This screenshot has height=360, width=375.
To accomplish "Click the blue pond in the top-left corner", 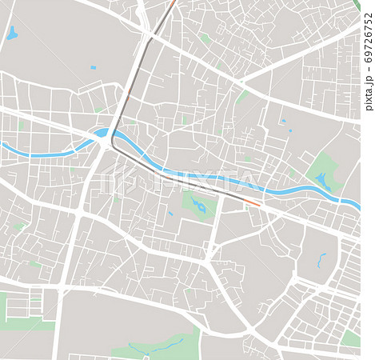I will click(12, 34).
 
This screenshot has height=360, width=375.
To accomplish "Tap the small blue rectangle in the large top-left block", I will click(93, 67).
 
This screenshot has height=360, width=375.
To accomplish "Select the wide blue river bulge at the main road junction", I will click(102, 134).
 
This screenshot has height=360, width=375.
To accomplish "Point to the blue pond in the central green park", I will click(199, 207).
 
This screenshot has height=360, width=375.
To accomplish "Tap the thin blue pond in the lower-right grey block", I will click(321, 261).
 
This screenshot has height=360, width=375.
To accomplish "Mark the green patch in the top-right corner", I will click(357, 5).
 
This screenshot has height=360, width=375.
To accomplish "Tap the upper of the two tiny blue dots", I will click(283, 121).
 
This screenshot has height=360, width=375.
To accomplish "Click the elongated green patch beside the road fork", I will click(241, 97).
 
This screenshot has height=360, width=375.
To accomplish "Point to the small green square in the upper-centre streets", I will click(205, 38).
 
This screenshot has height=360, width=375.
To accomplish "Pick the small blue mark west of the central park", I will click(170, 214).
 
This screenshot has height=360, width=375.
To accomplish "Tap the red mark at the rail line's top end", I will click(172, 3).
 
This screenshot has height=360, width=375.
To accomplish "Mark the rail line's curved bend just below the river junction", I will click(114, 147).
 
